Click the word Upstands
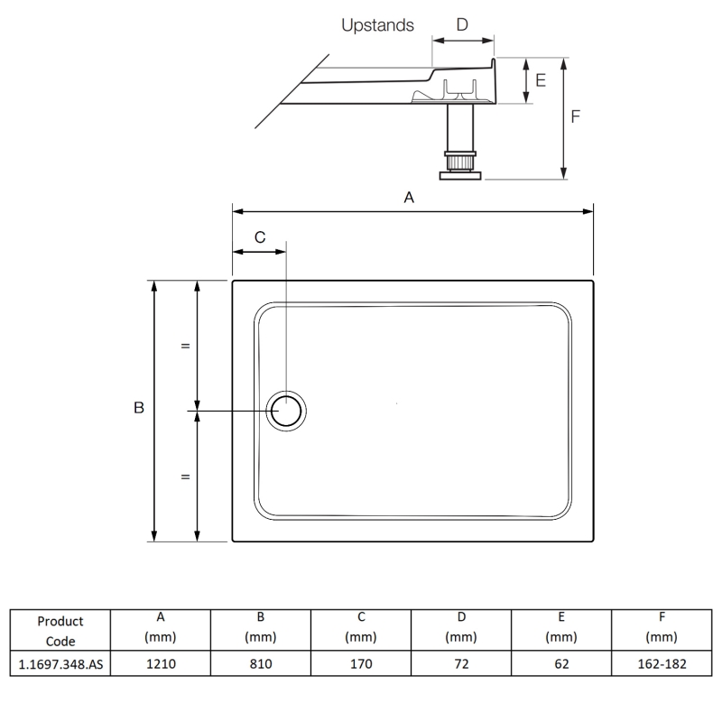(x=377, y=25)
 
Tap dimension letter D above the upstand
(x=462, y=25)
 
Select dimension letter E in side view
(x=541, y=80)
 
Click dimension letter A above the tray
(x=408, y=198)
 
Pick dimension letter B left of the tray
(x=139, y=409)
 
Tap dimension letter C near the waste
(x=260, y=237)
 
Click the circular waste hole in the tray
(x=287, y=412)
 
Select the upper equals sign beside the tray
(x=185, y=346)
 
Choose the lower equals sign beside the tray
(x=185, y=477)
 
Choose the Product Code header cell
(x=60, y=631)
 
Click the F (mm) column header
(x=662, y=627)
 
